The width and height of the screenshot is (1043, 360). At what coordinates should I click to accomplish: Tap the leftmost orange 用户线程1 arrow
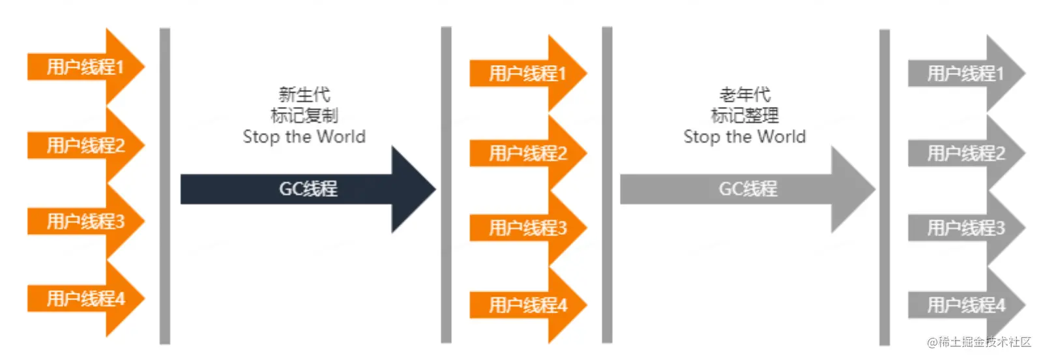(85, 67)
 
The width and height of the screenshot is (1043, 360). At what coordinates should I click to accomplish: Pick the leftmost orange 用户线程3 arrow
(85, 222)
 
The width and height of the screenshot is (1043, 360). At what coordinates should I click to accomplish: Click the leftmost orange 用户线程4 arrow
(85, 299)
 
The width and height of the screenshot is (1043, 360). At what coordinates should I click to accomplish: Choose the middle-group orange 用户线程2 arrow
(528, 153)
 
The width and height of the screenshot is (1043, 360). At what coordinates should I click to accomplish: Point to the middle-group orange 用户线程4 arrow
(528, 305)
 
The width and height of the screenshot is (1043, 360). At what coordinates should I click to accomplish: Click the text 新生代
(304, 95)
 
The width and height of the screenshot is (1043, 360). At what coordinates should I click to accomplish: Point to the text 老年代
(745, 95)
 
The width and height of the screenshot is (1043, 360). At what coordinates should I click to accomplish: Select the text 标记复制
(304, 115)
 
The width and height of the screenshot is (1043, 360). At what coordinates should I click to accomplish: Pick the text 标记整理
(745, 115)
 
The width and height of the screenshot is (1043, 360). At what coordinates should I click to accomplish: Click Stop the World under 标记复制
(304, 137)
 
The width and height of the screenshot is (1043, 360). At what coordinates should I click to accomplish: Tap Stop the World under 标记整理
(745, 137)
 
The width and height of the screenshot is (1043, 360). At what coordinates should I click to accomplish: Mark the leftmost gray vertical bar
(165, 186)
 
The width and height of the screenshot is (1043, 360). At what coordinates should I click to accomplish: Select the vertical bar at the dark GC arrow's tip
(446, 185)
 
